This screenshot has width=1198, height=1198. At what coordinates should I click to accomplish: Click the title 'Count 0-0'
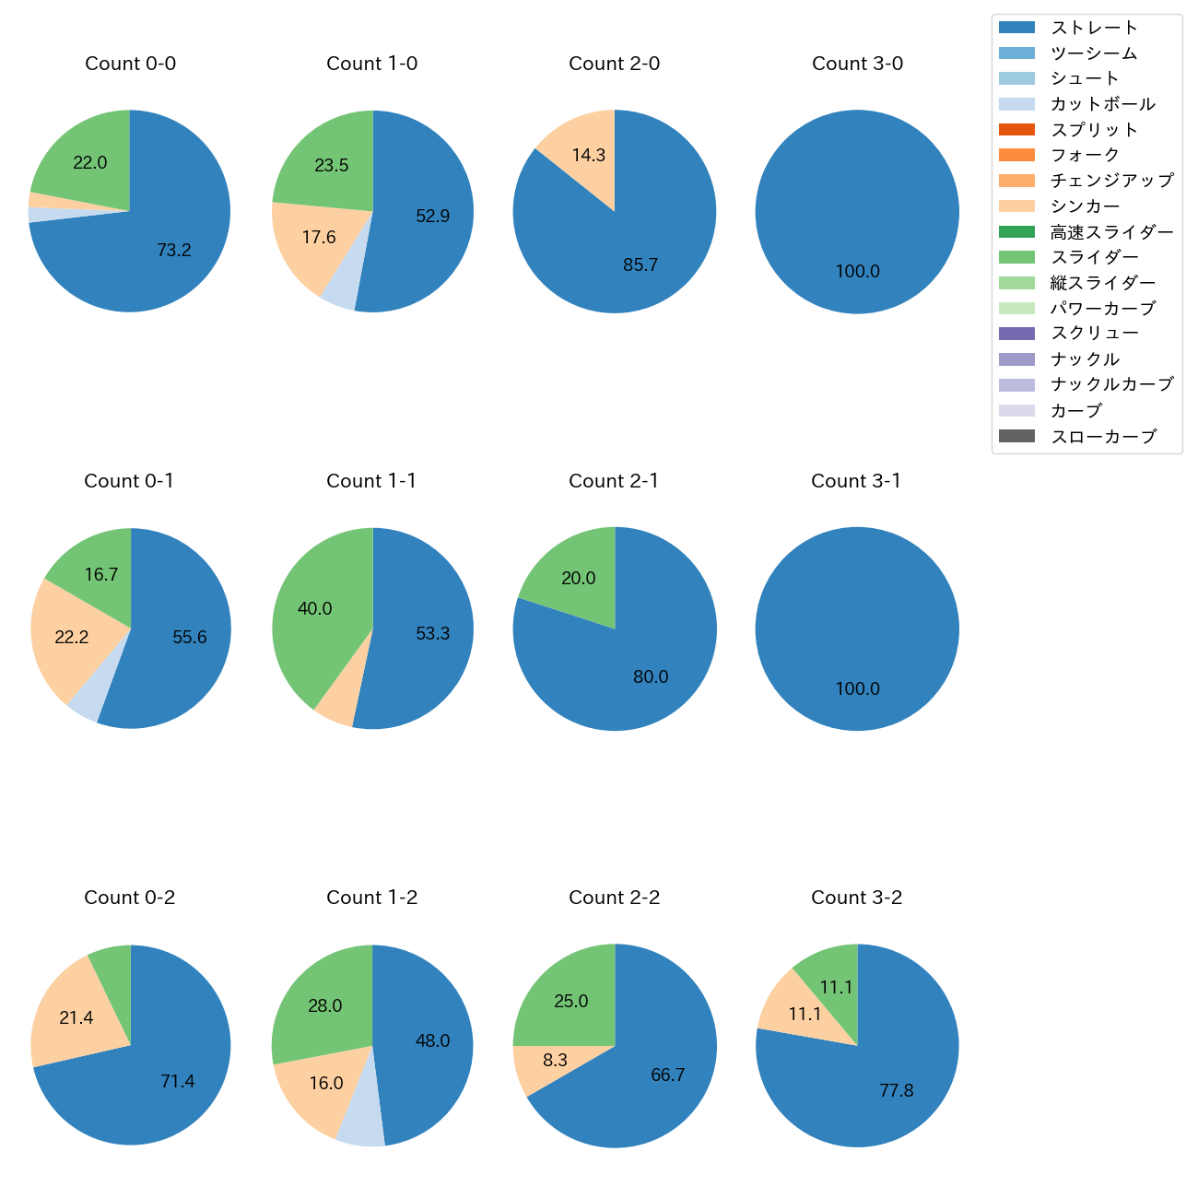(x=130, y=64)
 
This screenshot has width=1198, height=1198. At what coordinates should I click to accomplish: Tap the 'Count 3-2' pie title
(x=856, y=898)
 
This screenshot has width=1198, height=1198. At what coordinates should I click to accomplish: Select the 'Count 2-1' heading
(x=614, y=481)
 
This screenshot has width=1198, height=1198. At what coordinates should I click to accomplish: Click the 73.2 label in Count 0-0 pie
(x=174, y=250)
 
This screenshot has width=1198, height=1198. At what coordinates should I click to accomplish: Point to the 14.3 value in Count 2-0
(x=588, y=155)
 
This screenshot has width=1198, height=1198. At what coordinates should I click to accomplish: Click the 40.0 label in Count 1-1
(x=314, y=609)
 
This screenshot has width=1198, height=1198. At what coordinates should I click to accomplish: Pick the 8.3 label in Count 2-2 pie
(x=555, y=1061)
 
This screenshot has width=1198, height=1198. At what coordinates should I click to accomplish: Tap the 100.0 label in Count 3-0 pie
(x=857, y=272)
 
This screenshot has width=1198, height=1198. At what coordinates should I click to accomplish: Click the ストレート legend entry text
(x=1094, y=28)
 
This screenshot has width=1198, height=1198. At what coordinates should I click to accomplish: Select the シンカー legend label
(x=1085, y=206)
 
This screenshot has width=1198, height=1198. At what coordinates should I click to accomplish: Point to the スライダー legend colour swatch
(x=1016, y=257)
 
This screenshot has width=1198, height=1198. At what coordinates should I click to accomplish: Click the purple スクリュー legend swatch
(x=1016, y=334)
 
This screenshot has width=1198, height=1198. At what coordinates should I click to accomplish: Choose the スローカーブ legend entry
(x=1102, y=437)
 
